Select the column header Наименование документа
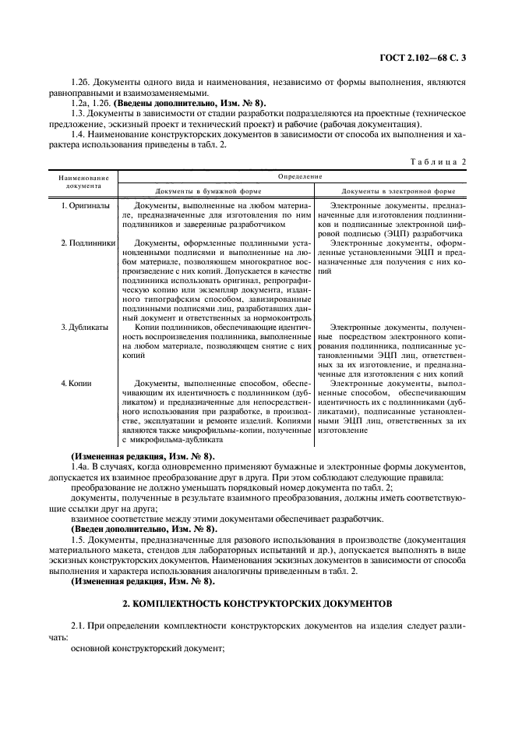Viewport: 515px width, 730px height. click(x=83, y=182)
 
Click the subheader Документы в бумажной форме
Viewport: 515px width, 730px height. click(x=208, y=190)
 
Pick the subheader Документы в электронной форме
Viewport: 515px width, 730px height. click(x=399, y=190)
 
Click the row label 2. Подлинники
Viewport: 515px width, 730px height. click(x=87, y=243)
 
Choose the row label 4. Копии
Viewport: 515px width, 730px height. click(x=76, y=384)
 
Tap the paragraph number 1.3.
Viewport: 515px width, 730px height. click(x=78, y=114)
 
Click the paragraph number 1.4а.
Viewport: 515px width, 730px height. click(x=80, y=466)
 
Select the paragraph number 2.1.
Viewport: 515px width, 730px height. click(x=78, y=628)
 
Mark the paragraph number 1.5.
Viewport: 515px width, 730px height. click(x=78, y=539)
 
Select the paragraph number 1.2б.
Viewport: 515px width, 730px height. click(x=81, y=81)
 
